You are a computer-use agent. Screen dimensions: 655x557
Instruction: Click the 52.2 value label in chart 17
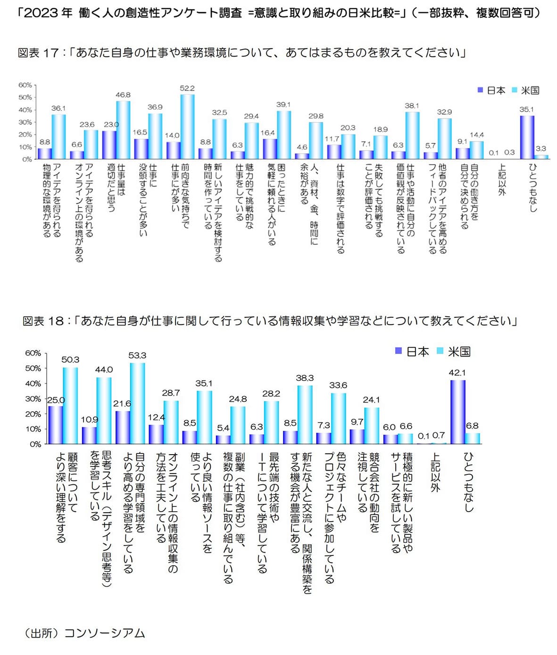187,88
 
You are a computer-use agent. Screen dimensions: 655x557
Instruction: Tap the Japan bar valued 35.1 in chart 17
527,137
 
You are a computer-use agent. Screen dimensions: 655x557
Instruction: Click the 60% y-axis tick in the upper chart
25,85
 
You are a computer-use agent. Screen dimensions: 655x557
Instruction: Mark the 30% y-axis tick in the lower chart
33,399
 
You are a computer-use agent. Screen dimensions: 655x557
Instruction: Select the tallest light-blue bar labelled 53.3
137,403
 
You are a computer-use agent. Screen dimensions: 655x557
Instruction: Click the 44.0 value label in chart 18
104,370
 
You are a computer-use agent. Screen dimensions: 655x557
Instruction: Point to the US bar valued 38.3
305,415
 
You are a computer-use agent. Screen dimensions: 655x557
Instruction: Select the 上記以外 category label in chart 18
435,472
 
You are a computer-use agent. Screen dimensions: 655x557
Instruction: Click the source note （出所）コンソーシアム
83,633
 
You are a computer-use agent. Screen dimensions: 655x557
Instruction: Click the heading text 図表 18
43,321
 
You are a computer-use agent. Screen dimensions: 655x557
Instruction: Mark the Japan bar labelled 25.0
55,425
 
